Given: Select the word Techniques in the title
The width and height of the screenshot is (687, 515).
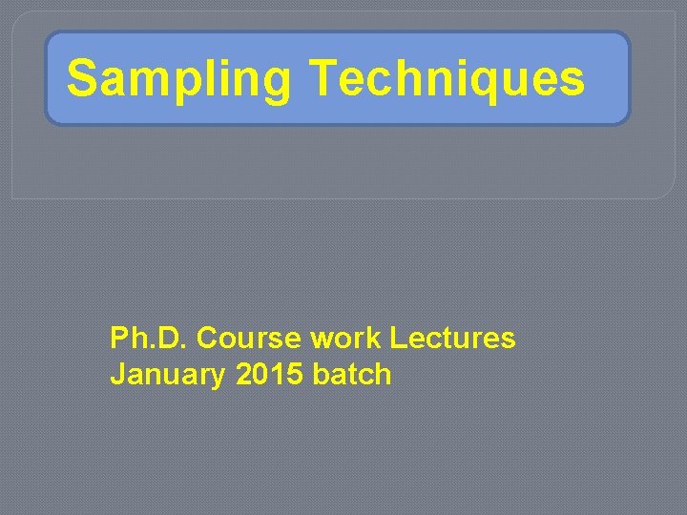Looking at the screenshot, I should (x=447, y=79).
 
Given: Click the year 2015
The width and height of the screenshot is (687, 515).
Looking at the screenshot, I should (x=269, y=375).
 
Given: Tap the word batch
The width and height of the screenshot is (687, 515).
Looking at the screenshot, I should (x=352, y=375).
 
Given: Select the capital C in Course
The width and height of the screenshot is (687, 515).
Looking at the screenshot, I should (x=207, y=339).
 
